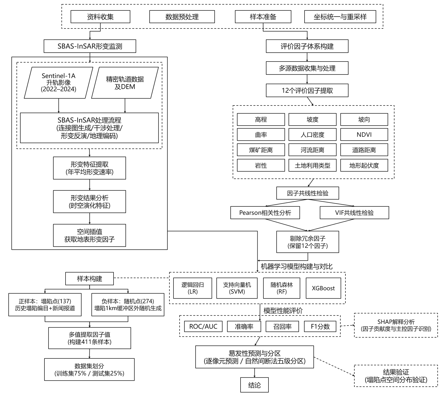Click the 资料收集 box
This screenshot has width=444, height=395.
pos(100,17)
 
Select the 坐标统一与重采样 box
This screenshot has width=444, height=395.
pos(340,17)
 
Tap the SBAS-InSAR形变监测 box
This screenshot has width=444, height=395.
pos(90,46)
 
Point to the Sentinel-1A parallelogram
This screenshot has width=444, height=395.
pos(59,83)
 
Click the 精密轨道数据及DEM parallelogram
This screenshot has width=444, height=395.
pos(125,83)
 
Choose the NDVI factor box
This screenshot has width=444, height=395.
pos(364,134)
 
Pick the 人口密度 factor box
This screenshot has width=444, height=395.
pos(312,134)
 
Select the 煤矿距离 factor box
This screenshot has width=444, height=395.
pos(261,150)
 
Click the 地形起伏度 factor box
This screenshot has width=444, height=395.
pos(364,165)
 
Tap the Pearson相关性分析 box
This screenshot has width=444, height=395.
pos(265,213)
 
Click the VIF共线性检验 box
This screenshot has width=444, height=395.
pos(354,213)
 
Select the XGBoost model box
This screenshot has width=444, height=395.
pos(323,288)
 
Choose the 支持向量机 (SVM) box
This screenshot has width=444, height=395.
pos(237,288)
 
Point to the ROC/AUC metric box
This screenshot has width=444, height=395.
pos(203,326)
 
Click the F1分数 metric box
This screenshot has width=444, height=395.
pos(320,326)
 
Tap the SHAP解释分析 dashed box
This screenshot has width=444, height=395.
pos(396,325)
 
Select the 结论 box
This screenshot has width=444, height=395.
pos(255,385)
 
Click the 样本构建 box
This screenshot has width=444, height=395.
pos(90,279)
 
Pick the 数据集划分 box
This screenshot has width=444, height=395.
pos(89,370)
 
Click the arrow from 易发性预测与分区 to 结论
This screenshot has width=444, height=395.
pos(255,373)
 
